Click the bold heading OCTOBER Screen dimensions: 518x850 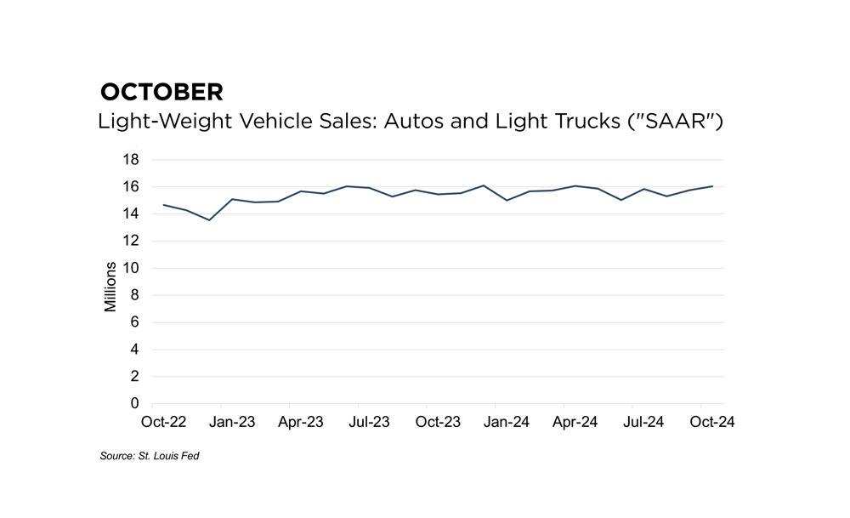tap(161, 92)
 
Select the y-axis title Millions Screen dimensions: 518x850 tap(110, 282)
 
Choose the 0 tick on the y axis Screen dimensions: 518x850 tap(134, 403)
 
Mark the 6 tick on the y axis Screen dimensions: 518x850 tap(134, 322)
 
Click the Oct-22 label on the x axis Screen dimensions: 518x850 tap(164, 421)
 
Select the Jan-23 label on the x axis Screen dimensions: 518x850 tap(232, 421)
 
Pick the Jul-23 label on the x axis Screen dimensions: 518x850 tap(370, 421)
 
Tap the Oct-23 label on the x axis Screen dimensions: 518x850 tap(439, 421)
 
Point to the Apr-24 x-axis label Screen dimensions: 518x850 tap(575, 421)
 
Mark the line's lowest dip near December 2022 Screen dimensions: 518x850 tap(209, 219)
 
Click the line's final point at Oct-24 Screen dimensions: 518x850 tap(712, 185)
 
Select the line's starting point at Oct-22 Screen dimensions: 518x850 tap(164, 204)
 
